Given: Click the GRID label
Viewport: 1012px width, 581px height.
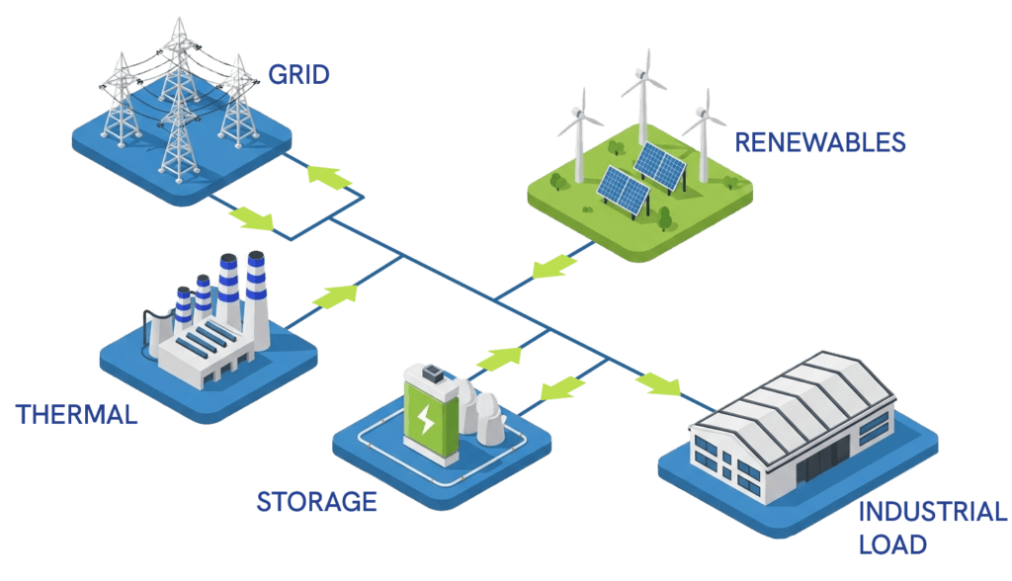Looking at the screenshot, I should pos(298,74).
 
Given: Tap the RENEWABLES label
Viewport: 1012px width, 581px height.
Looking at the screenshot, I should pos(820,143).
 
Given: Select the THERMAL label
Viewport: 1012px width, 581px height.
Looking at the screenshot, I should pos(76,415).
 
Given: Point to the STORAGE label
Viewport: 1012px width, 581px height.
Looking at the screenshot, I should pos(316,502).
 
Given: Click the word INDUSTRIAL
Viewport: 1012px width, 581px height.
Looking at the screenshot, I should pos(932,513).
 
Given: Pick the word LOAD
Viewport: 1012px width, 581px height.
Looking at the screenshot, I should pos(892,544).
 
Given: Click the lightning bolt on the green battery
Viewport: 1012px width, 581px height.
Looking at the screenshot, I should pos(426,421).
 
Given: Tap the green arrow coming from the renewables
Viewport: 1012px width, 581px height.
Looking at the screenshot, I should pos(548,266).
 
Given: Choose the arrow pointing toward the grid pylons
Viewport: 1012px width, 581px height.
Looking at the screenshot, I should pos(329,176).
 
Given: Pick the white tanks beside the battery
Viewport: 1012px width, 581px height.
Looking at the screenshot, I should pos(485,413).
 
